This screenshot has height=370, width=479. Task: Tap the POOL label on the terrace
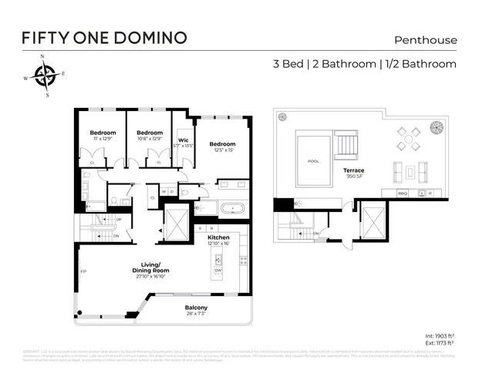coord(312,162)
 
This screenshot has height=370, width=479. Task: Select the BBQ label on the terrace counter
coord(402,193)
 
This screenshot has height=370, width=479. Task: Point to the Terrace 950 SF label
coord(354,173)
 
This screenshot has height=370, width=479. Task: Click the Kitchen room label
coord(220,239)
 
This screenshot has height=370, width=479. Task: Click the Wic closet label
coord(184,142)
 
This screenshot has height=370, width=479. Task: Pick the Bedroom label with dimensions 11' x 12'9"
coord(103,135)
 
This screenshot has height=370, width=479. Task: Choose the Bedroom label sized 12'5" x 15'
coord(222,147)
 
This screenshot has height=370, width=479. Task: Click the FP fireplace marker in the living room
coord(83,271)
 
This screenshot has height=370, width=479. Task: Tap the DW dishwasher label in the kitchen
coord(218,270)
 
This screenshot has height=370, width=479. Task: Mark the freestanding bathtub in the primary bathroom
coord(230,208)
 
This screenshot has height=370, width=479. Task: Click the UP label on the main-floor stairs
coord(117,219)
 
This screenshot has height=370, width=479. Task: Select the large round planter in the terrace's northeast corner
coord(436,126)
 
